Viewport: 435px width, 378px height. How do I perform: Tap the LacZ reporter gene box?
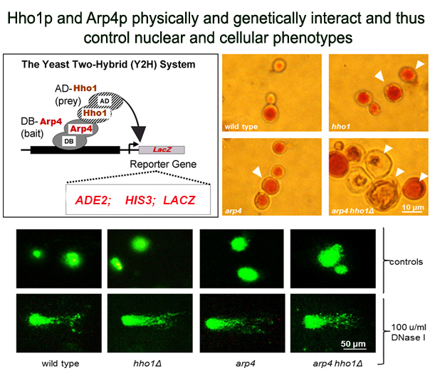coord(162,149)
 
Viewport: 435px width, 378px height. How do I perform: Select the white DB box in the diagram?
coord(69,141)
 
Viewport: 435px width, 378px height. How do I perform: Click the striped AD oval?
coord(105,100)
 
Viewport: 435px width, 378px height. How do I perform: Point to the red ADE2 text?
coord(93,200)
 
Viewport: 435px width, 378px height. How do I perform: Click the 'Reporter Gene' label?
coord(163,164)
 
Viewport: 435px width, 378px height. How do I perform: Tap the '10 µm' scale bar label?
coord(413,207)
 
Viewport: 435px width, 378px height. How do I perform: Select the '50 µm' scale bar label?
coord(353,344)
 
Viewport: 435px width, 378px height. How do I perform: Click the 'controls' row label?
coord(406,262)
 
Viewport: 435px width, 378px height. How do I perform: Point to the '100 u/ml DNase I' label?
coord(409,332)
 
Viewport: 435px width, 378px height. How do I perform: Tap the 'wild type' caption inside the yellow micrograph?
coord(241,127)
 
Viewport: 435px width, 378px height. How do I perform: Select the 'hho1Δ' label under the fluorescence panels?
coord(147,363)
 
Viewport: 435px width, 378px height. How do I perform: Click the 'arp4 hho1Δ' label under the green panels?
coord(337,363)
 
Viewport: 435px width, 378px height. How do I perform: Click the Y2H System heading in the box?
coord(108,64)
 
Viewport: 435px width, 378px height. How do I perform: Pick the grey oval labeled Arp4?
coord(81,128)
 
